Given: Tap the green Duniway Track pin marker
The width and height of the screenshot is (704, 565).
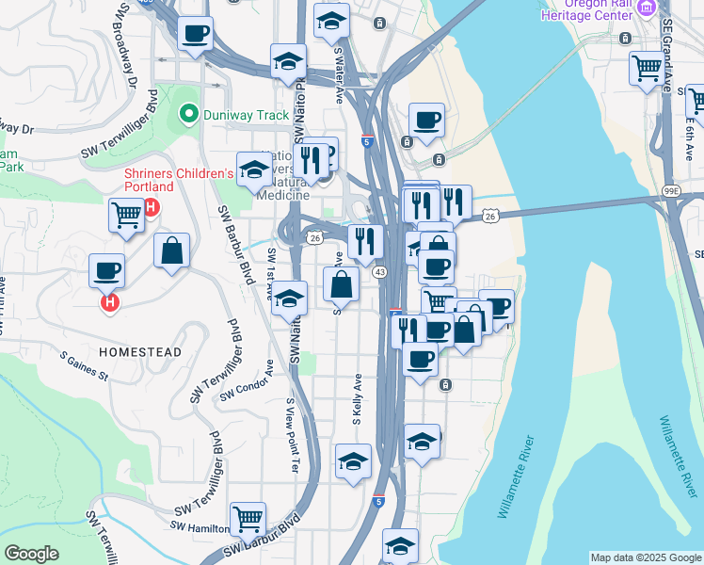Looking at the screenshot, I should click(188, 115).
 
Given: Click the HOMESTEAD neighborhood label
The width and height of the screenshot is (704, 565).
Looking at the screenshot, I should click(140, 351).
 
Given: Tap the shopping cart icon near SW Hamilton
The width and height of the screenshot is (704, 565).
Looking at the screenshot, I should click(248, 517).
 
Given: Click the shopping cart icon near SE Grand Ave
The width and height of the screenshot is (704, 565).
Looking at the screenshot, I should click(647, 68).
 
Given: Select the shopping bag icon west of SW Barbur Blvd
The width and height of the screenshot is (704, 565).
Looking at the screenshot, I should click(171, 250).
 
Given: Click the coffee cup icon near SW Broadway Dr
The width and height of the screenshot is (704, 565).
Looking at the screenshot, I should click(196, 35).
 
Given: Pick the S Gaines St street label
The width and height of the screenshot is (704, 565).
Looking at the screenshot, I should click(85, 366).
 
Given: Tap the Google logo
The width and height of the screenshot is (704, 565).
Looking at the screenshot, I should click(31, 554).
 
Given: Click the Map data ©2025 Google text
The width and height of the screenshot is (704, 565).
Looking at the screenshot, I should click(645, 557).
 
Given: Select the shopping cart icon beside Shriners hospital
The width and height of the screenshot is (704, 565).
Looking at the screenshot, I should click(126, 215).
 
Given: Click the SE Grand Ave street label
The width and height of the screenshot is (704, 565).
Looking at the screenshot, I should click(667, 56).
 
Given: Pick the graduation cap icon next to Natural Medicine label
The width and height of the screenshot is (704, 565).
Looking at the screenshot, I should click(253, 169).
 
